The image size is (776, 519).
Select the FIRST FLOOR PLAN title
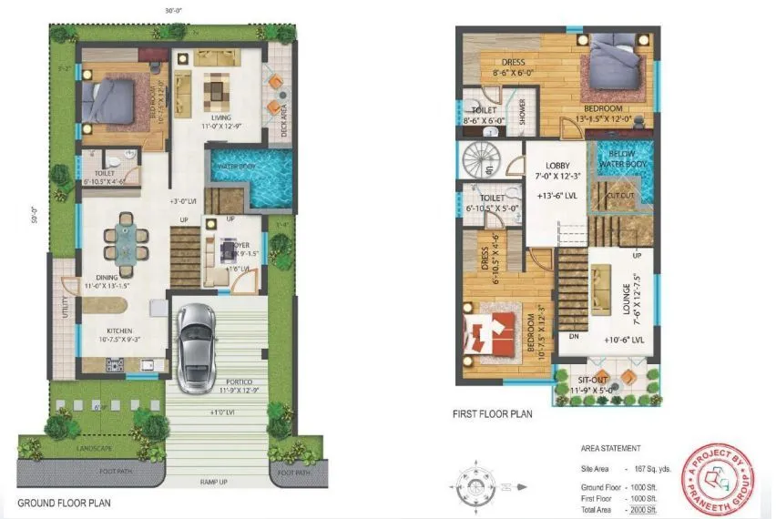(x=493, y=414)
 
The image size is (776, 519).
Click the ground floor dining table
(x=124, y=241)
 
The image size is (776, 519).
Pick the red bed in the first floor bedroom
(x=493, y=333)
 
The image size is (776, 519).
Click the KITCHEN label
(x=119, y=331)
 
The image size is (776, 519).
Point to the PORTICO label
(x=235, y=382)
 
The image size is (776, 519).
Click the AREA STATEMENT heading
(x=610, y=449)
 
